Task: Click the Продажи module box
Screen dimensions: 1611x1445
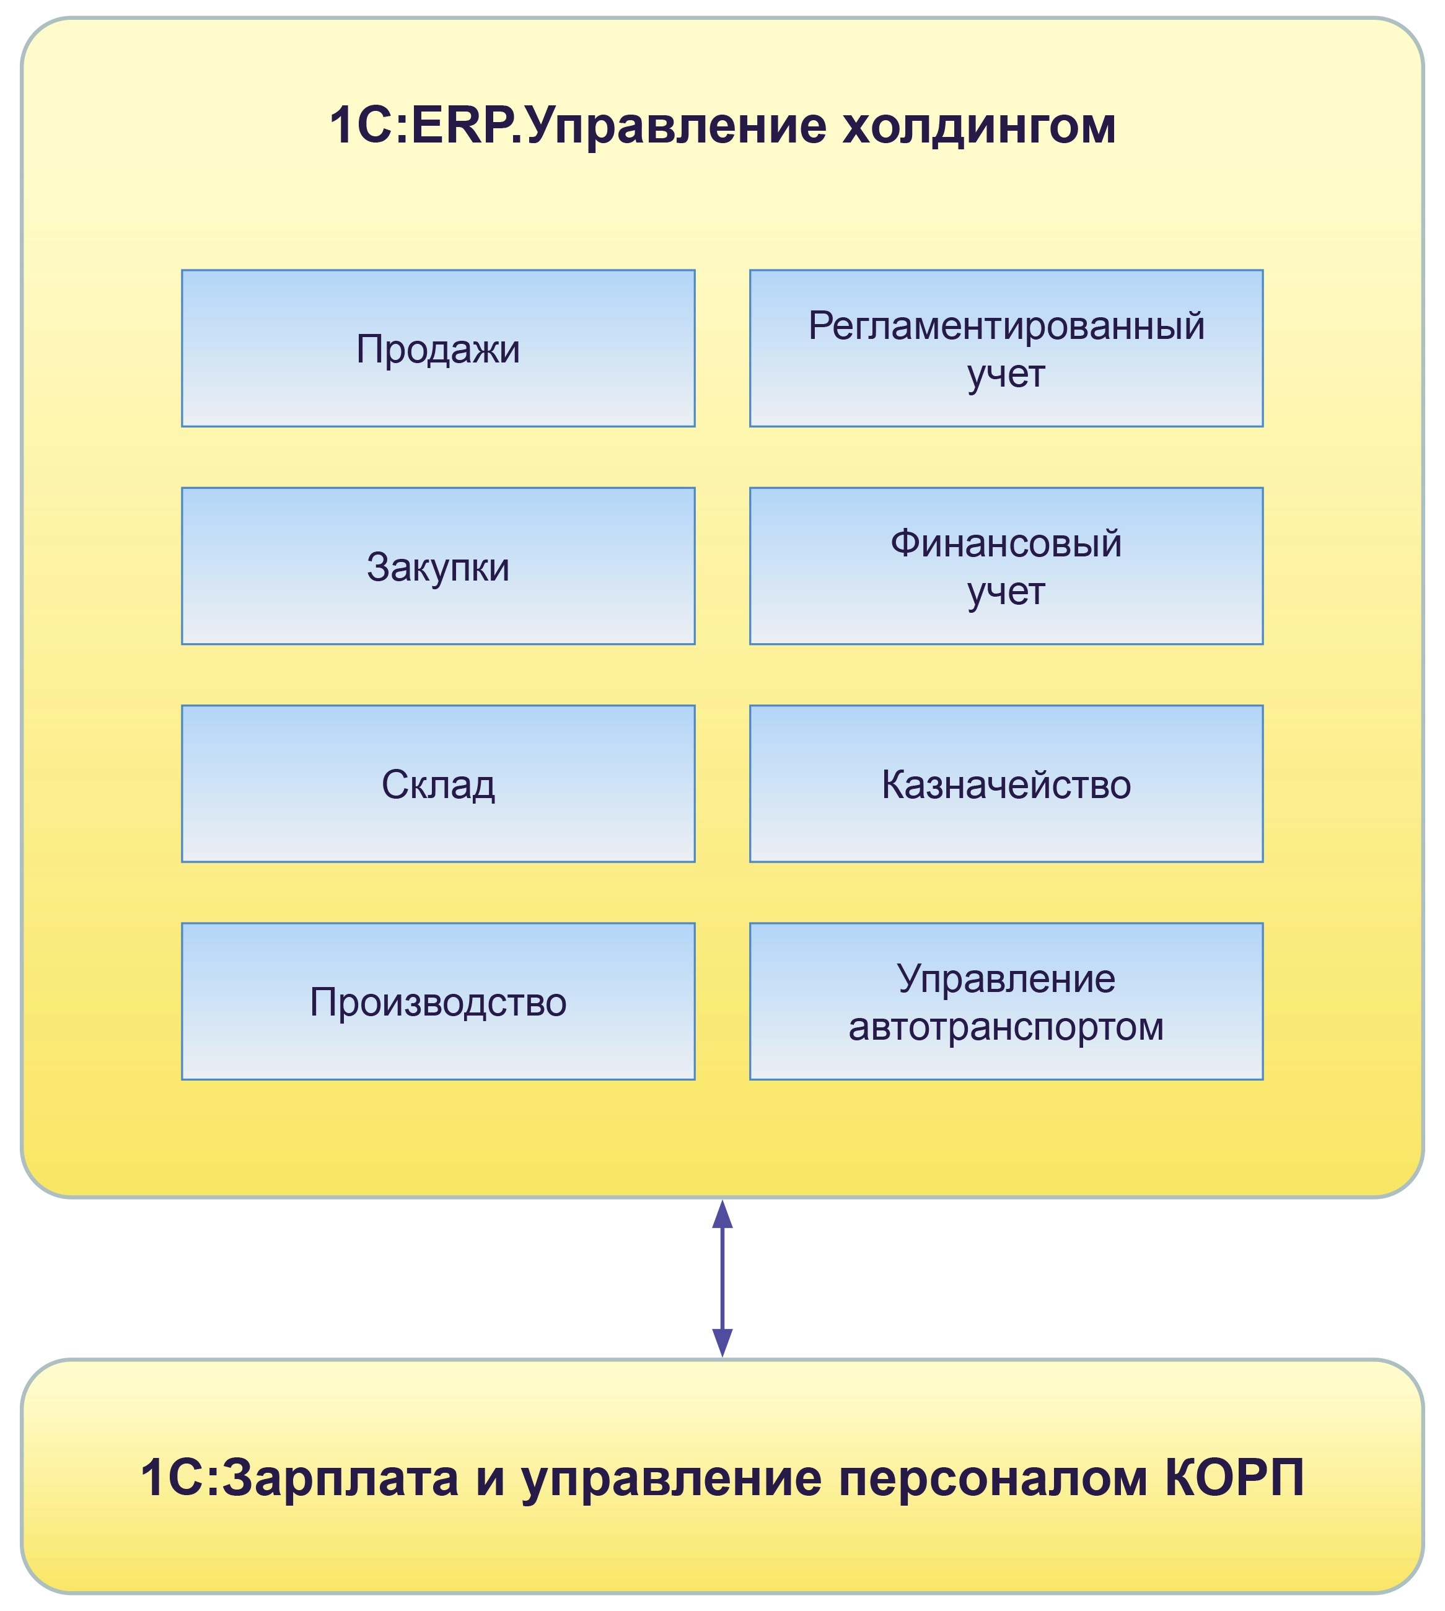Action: pyautogui.click(x=437, y=349)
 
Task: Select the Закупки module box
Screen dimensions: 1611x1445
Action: pyautogui.click(x=437, y=566)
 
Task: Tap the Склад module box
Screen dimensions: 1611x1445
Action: pyautogui.click(x=437, y=784)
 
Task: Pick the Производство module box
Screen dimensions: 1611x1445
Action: pyautogui.click(x=437, y=1001)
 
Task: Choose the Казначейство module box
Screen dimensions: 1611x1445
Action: pyautogui.click(x=1006, y=784)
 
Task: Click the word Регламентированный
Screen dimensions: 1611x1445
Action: pyautogui.click(x=1006, y=325)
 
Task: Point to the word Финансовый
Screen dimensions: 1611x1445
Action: pyautogui.click(x=1006, y=543)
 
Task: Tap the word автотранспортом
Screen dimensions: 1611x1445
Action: pyautogui.click(x=1006, y=1027)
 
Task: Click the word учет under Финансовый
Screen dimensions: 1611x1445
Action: pyautogui.click(x=1006, y=592)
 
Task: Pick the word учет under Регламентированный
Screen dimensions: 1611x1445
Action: pyautogui.click(x=1006, y=375)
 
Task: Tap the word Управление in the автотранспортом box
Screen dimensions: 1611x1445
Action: pyautogui.click(x=1006, y=978)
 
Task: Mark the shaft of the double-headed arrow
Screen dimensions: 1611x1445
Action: pyautogui.click(x=722, y=1278)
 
